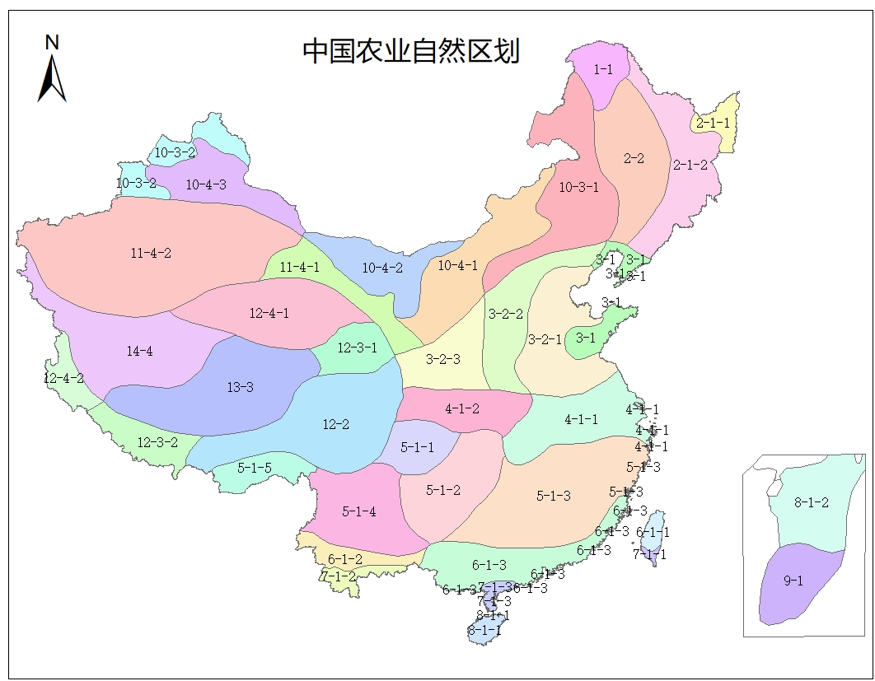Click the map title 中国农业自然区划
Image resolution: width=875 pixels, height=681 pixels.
click(410, 51)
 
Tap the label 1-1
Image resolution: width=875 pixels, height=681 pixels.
click(603, 71)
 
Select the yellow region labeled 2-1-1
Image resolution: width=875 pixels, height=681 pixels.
click(714, 124)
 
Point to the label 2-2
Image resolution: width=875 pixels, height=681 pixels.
click(634, 158)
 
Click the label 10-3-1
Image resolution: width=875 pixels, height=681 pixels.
click(578, 187)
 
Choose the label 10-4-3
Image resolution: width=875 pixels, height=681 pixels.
click(205, 184)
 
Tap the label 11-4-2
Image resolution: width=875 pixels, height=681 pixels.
click(151, 253)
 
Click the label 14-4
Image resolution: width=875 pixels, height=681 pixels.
click(139, 352)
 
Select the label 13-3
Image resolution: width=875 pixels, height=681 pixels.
click(240, 387)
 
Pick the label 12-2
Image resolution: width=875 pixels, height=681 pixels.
click(335, 425)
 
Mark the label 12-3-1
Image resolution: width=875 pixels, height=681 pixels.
click(357, 347)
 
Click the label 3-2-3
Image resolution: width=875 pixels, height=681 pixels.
click(442, 359)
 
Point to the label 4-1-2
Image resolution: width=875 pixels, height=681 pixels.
click(461, 408)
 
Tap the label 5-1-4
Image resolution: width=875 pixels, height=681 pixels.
click(358, 511)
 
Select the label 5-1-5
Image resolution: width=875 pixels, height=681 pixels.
click(255, 468)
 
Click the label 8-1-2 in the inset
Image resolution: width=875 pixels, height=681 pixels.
click(811, 502)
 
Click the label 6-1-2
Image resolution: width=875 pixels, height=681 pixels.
click(344, 559)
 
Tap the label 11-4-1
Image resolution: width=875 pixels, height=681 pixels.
click(299, 267)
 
